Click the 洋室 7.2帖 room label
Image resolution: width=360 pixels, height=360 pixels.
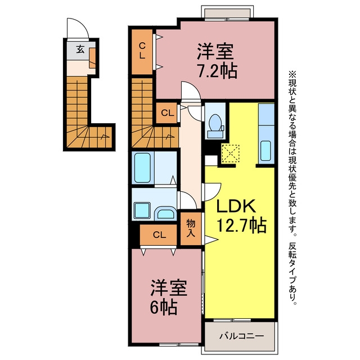click(x=217, y=61)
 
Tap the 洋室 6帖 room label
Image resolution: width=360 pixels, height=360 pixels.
click(x=169, y=297)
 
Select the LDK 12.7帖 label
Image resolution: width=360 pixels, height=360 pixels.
click(x=241, y=216)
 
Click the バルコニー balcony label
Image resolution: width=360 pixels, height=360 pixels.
click(x=241, y=336)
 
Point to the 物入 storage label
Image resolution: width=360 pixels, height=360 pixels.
click(x=191, y=228)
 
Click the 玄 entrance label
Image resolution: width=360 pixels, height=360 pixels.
click(x=80, y=49)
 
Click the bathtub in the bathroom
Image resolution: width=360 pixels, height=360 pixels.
click(x=142, y=168)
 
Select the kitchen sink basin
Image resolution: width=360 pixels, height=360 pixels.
click(x=265, y=151)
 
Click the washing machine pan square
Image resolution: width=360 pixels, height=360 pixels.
click(x=142, y=210)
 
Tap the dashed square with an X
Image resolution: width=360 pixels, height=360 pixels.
click(x=230, y=154)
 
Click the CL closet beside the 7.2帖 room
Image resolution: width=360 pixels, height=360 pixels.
click(x=142, y=52)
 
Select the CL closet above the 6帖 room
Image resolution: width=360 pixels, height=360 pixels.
click(x=159, y=235)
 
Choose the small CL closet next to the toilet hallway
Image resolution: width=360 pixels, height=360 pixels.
click(x=167, y=113)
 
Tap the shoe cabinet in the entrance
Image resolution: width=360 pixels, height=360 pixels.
click(x=92, y=58)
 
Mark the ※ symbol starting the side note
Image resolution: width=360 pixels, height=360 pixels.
click(x=292, y=75)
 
